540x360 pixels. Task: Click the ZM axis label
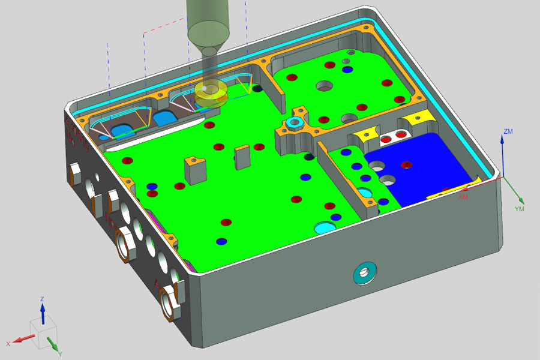[508, 131]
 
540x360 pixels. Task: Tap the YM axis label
[520, 209]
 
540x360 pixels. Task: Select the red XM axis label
[463, 197]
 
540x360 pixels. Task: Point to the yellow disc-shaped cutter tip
[211, 94]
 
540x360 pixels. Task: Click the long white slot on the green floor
[155, 134]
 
